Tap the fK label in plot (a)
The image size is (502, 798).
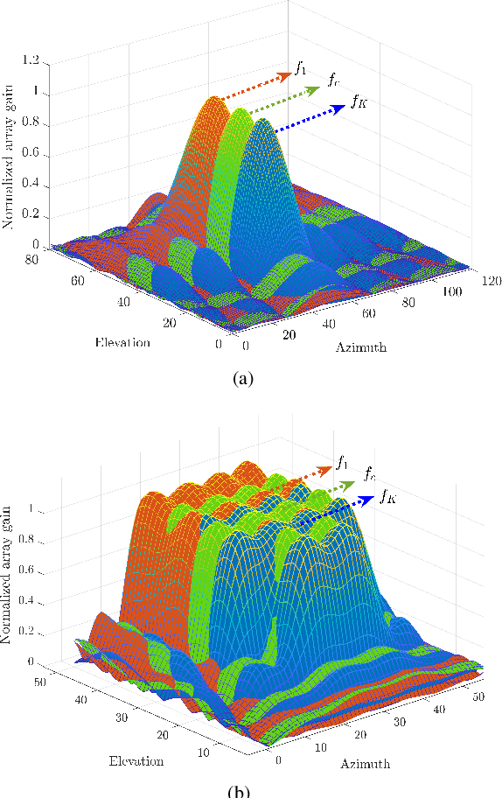click(359, 103)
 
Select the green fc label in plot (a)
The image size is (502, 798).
click(334, 81)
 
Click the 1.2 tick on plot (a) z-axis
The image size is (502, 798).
click(31, 60)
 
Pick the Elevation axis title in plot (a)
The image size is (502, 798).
click(122, 342)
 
